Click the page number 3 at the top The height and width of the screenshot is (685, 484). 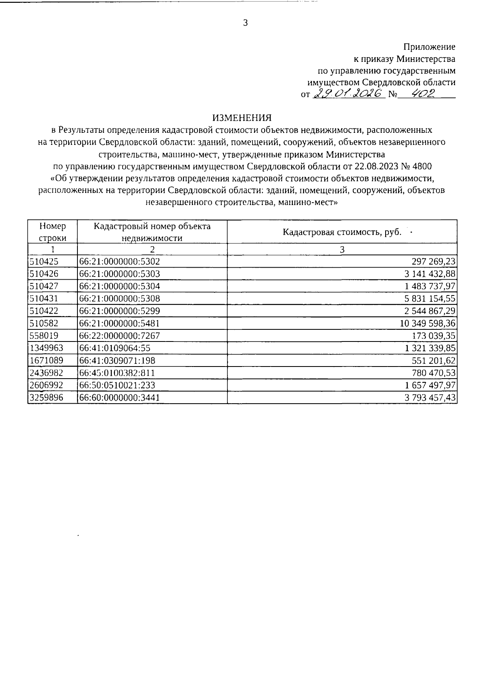coord(245,23)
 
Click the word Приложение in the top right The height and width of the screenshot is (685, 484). coord(430,47)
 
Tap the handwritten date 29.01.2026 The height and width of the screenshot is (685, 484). coord(347,94)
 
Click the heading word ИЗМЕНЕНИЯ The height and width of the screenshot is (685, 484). coord(242,118)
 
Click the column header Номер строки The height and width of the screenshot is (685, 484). coord(52,232)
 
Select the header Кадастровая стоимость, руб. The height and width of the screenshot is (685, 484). coord(342,232)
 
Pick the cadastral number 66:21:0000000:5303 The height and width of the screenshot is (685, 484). coord(120,274)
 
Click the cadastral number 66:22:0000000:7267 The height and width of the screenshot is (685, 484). coord(120,336)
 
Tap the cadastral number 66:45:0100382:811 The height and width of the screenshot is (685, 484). coord(117,373)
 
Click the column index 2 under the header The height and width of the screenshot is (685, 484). coord(152,249)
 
